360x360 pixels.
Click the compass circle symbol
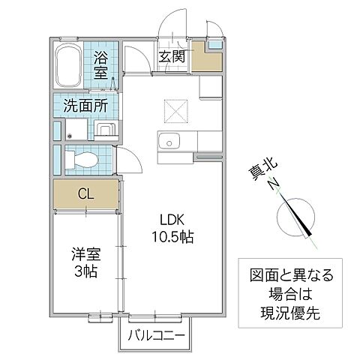295,217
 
